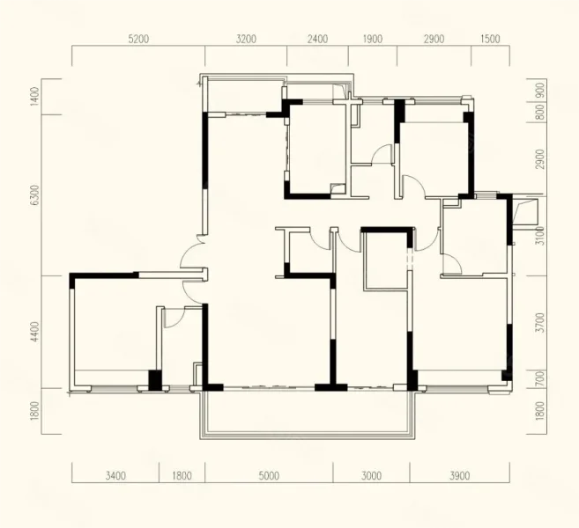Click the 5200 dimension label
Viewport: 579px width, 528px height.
tap(138, 39)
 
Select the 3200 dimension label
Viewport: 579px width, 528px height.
tap(246, 39)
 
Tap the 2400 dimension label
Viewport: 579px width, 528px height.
tap(317, 39)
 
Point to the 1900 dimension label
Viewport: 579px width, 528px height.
tap(372, 39)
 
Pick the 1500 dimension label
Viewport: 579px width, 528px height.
tap(490, 39)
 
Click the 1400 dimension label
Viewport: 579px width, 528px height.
tap(35, 97)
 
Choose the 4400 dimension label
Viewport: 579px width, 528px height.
tap(35, 332)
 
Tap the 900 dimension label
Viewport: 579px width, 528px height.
tap(540, 90)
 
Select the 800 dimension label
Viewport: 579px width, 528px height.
tap(540, 112)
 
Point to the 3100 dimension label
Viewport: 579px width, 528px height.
tap(540, 236)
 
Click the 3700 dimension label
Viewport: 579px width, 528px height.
tap(540, 322)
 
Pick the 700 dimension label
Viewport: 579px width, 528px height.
tap(540, 378)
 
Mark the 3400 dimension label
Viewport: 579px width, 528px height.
tap(115, 476)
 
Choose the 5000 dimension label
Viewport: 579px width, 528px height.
tap(269, 476)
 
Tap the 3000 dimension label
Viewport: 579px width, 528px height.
tap(372, 476)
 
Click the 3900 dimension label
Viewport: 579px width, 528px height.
tap(460, 476)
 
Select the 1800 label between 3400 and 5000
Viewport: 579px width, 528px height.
tap(182, 476)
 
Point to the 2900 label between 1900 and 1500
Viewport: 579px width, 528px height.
tap(434, 39)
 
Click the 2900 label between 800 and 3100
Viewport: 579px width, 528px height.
tap(540, 159)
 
